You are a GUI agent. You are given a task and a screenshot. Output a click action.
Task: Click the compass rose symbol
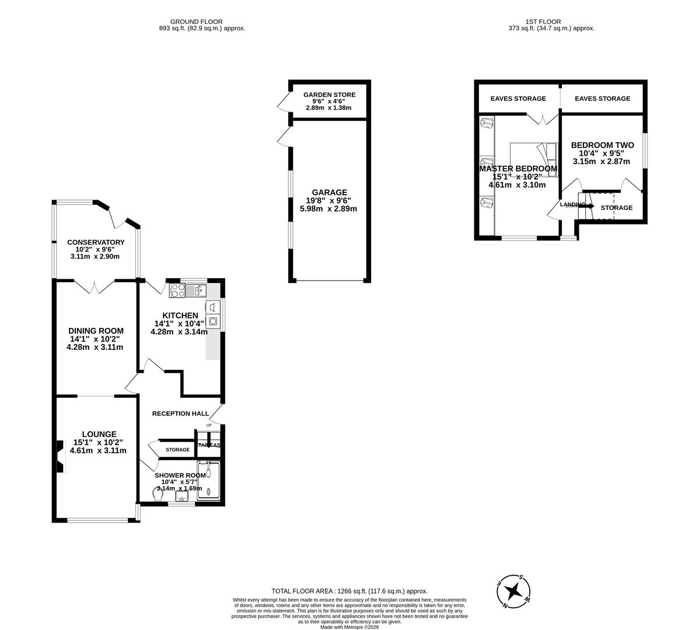pos(514,591)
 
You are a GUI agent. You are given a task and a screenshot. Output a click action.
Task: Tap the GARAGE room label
pos(329,192)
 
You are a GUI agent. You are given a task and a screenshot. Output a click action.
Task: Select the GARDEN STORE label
pos(329,94)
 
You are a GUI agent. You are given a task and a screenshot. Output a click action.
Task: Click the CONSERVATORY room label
pos(96,242)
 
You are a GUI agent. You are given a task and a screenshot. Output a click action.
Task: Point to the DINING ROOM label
pos(95,331)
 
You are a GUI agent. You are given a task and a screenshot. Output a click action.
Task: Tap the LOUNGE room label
pos(99,434)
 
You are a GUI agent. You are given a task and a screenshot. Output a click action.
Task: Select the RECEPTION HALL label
pos(180,414)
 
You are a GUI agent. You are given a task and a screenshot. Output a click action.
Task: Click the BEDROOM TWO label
pos(602,145)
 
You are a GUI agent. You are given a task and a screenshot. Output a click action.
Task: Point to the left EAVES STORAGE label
pos(518,99)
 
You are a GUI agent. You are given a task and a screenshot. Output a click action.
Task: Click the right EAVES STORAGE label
pos(602,99)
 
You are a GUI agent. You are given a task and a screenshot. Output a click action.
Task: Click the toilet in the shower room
pos(156,494)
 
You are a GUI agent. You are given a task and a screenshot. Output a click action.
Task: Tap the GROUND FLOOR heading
pos(196,22)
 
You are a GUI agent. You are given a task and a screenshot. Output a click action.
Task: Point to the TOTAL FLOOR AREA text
pos(349,591)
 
